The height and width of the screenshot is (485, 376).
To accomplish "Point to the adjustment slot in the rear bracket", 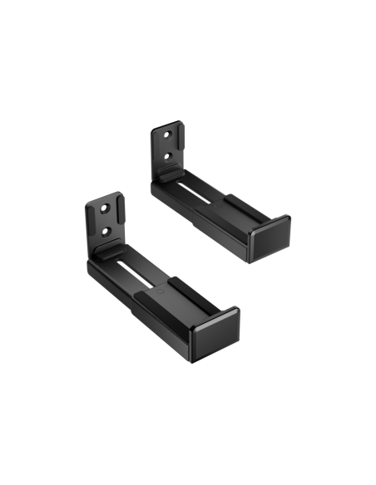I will coord(200,194).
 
